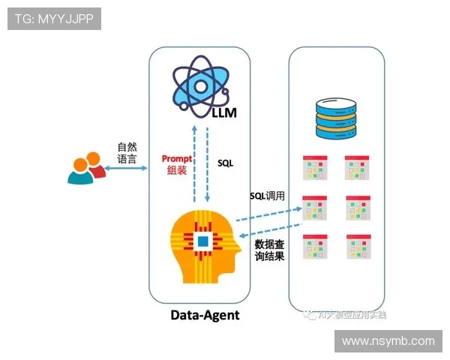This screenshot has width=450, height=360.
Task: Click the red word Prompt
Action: click(177, 159)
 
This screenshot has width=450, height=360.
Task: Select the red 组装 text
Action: click(177, 171)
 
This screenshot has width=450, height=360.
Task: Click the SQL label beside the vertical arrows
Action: click(226, 162)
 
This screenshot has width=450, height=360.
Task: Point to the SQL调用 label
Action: click(268, 196)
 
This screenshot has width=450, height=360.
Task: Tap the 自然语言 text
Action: click(127, 152)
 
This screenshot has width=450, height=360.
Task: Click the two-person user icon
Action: click(85, 169)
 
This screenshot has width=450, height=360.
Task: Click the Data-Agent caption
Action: click(204, 314)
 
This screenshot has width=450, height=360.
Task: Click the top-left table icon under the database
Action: click(315, 167)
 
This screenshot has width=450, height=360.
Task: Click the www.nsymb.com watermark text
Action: click(388, 341)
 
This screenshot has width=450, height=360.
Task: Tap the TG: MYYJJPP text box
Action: click(54, 19)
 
